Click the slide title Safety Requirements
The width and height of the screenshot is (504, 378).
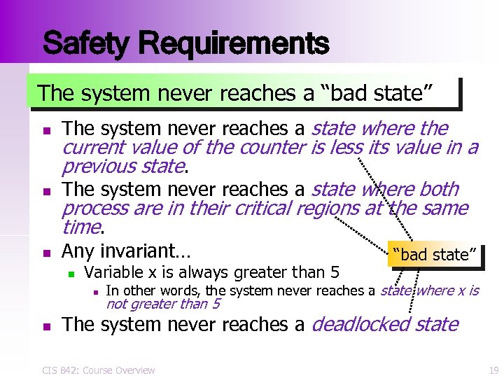(x=185, y=43)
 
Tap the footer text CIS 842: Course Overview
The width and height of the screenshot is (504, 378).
(x=98, y=370)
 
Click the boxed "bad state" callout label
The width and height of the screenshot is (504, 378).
(x=435, y=254)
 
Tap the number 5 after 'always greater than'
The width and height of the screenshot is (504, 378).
(x=335, y=272)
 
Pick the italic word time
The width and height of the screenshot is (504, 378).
(x=81, y=227)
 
